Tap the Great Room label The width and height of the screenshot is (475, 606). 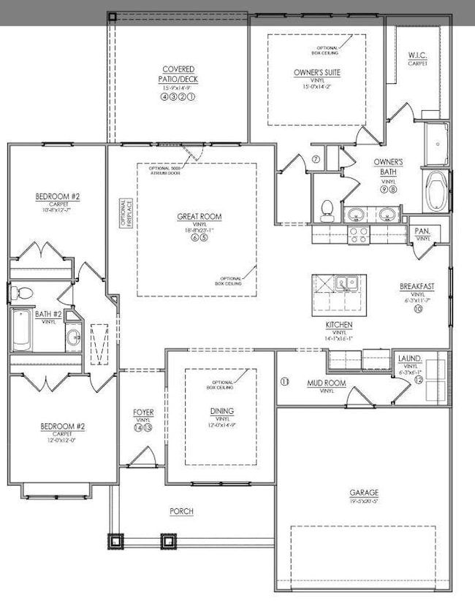coord(199,216)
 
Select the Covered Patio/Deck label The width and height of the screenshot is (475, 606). coord(179,74)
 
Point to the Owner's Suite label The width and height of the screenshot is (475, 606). coord(317,72)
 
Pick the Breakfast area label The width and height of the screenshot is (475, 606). coord(417,285)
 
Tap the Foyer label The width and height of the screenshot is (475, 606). coord(143,413)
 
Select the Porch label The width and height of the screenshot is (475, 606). coord(181,512)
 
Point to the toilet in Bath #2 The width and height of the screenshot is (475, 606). coord(20,294)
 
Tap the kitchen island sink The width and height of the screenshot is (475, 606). coord(346,282)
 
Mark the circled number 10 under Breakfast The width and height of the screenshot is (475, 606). coord(418,309)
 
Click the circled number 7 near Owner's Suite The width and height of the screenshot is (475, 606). coord(316,159)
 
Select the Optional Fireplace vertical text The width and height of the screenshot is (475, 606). coord(125,215)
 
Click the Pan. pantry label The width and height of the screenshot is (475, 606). coord(423,231)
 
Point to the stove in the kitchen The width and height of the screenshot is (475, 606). coord(358,235)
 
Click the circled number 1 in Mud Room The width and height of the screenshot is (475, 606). coord(284,381)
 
